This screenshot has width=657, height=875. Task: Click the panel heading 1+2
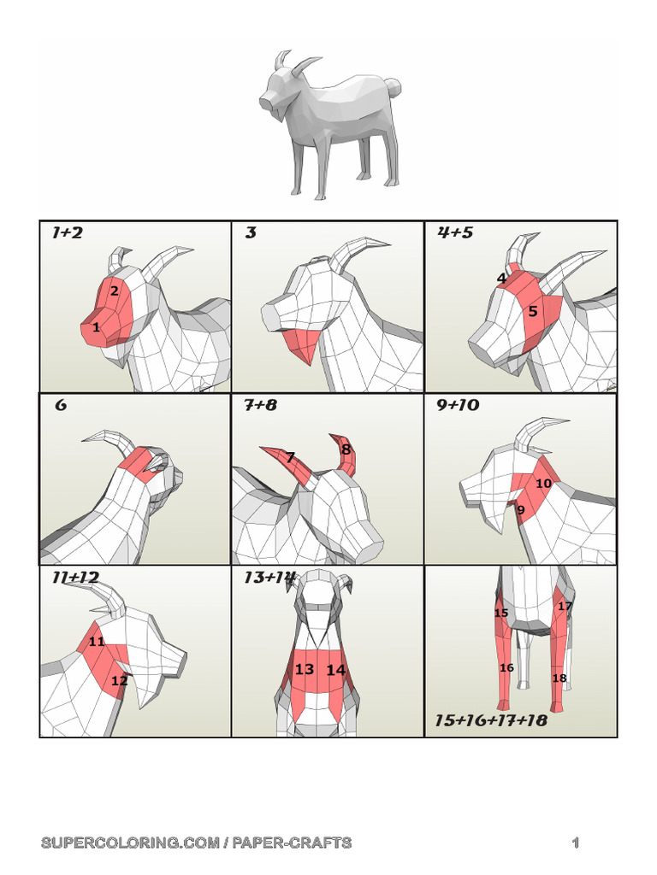pos(67,232)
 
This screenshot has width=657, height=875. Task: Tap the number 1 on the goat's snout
pos(96,327)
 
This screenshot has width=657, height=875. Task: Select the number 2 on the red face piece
pos(114,291)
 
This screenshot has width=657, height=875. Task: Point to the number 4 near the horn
pos(501,278)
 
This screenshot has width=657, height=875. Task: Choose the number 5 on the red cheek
pos(533,312)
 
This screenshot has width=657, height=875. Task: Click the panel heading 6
pos(61,405)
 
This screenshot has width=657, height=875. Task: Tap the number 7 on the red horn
pos(290,458)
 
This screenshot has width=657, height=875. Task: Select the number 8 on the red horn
pos(346,449)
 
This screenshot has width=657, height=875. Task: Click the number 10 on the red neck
pos(543,484)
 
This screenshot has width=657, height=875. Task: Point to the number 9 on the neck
pos(520,510)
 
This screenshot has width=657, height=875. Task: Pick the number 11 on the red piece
pos(96,642)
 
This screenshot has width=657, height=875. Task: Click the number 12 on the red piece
pos(119,681)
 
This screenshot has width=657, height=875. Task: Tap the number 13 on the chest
pos(305,670)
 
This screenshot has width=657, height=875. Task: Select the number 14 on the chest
pos(335,670)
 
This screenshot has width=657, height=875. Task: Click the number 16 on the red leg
pos(506,667)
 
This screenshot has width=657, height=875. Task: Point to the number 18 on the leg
pos(559,678)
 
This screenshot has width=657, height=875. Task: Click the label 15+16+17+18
pos(490,720)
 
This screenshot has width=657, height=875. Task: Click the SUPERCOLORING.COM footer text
pos(196,843)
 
